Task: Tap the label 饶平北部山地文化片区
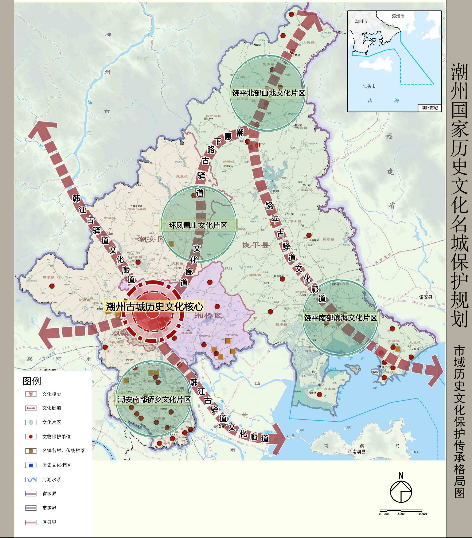[x=268, y=93]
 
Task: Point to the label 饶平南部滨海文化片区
[x=340, y=318]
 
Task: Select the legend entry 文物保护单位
[x=56, y=437]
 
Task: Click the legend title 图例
[x=32, y=381]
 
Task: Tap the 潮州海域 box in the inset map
[x=429, y=108]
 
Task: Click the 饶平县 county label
[x=255, y=245]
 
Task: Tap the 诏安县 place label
[x=426, y=297]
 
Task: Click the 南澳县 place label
[x=359, y=452]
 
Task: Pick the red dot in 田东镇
[x=52, y=286]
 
